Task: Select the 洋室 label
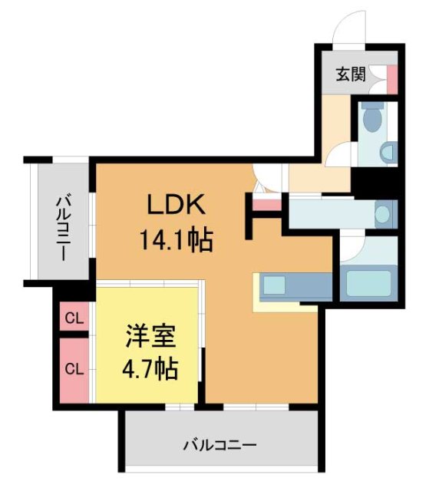pyautogui.click(x=150, y=337)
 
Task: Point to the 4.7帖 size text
pyautogui.click(x=150, y=370)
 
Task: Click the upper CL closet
pyautogui.click(x=74, y=318)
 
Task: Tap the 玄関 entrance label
pyautogui.click(x=350, y=74)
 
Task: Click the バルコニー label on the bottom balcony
pyautogui.click(x=219, y=444)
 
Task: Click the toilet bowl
pyautogui.click(x=373, y=119)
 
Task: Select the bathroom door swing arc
pyautogui.click(x=352, y=247)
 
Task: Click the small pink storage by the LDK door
pyautogui.click(x=267, y=204)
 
